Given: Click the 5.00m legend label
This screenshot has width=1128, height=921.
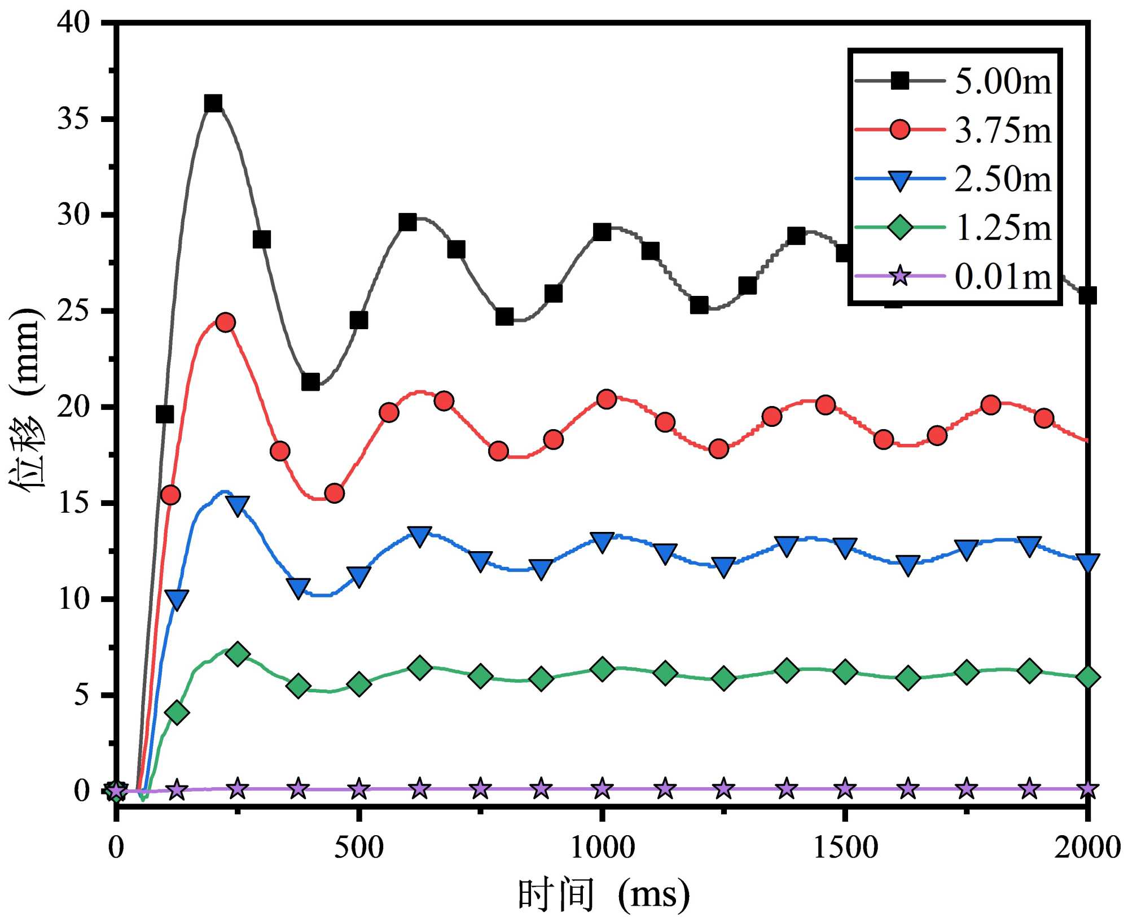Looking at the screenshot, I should click(x=1003, y=81).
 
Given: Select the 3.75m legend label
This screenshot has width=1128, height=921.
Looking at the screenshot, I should click(x=1003, y=130).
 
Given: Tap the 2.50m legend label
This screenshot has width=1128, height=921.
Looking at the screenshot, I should click(x=1003, y=179).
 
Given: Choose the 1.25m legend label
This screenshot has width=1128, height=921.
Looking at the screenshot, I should click(x=1003, y=228).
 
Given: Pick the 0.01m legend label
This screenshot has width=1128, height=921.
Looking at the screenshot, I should click(x=1003, y=277).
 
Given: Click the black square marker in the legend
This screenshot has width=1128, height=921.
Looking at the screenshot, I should click(x=900, y=81).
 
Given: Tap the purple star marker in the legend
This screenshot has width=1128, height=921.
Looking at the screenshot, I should click(x=900, y=276).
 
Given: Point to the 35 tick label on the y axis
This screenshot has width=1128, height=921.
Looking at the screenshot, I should click(x=73, y=119).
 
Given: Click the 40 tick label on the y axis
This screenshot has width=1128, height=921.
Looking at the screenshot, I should click(x=73, y=23).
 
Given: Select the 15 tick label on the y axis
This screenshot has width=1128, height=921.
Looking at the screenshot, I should click(x=73, y=503).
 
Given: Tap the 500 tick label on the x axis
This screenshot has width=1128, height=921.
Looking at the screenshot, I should click(x=358, y=848).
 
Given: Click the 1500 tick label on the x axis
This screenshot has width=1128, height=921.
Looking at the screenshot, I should click(x=845, y=848).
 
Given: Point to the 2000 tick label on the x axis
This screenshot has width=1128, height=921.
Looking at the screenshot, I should click(x=1087, y=848).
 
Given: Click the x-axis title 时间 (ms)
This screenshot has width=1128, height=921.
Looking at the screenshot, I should click(x=603, y=894).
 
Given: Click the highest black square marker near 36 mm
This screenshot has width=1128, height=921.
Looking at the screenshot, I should click(x=213, y=103).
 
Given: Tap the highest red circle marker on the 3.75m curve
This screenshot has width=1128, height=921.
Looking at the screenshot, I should click(x=225, y=322).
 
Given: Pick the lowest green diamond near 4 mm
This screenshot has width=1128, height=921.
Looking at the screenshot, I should click(x=177, y=712).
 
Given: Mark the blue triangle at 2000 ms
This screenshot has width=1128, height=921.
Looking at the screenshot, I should click(x=1087, y=562).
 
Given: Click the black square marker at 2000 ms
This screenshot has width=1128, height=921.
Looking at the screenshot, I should click(x=1087, y=295).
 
